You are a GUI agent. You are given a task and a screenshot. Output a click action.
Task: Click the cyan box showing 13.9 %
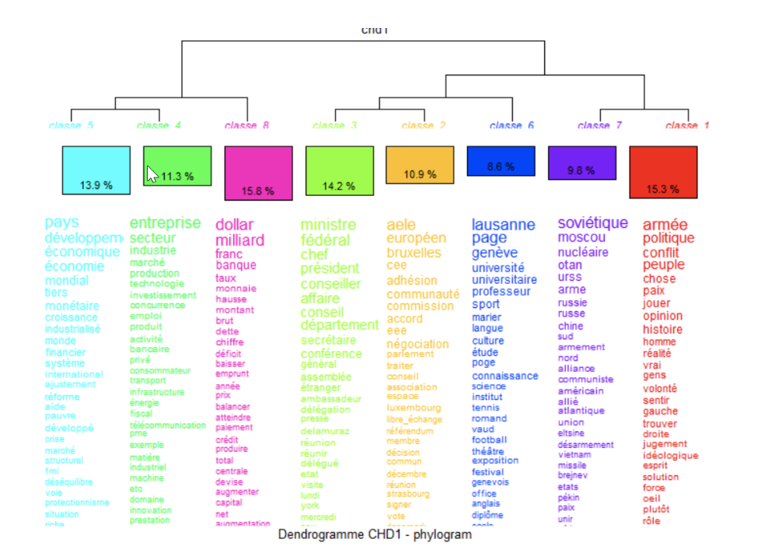click(96, 170)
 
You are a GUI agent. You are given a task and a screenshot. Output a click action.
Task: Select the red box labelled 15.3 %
click(662, 172)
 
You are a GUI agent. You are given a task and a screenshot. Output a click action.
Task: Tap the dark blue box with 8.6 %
click(501, 161)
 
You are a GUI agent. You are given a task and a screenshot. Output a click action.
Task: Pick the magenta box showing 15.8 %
click(259, 173)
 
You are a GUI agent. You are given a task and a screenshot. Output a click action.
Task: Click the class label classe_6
click(511, 126)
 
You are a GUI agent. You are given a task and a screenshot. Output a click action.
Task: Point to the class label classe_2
click(424, 126)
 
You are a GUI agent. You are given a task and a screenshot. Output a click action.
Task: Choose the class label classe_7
click(599, 126)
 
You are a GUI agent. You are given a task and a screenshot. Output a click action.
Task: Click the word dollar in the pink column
click(235, 225)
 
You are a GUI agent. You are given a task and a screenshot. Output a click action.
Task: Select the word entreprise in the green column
click(165, 223)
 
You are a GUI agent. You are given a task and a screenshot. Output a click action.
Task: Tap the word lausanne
click(503, 225)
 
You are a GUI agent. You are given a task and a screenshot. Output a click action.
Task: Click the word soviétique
click(592, 223)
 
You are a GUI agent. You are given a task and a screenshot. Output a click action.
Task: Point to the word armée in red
click(665, 225)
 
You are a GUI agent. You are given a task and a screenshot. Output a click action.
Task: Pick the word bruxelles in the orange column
click(414, 253)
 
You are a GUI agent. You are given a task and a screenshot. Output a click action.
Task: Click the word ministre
click(328, 225)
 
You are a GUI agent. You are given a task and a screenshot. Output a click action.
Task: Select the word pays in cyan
click(61, 222)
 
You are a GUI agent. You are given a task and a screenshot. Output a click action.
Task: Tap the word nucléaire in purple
click(583, 252)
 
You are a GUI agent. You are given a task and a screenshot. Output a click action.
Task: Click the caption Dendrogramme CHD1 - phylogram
click(375, 535)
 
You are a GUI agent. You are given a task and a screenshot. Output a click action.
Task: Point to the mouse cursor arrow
click(152, 173)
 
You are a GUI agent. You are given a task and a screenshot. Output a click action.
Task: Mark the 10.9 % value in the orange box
click(421, 174)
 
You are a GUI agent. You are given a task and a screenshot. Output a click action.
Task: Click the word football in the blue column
click(489, 439)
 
